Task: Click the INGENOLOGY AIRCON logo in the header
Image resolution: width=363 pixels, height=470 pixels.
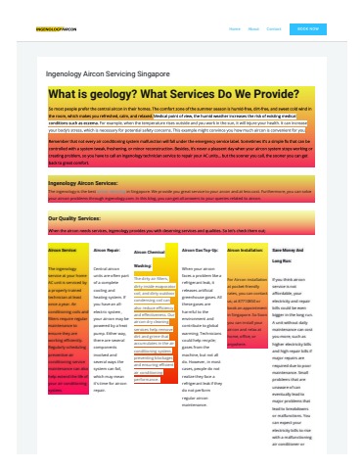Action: [x=56, y=29]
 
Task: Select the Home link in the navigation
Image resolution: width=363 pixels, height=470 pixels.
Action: [x=235, y=29]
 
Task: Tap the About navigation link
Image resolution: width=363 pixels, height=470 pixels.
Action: [x=253, y=29]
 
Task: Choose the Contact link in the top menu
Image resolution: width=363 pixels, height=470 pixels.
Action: [x=274, y=29]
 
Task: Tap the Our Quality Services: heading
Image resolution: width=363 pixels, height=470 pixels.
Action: [x=80, y=217]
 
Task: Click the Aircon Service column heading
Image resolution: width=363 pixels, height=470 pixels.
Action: [x=62, y=251]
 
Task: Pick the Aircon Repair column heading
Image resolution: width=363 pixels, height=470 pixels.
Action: [x=107, y=251]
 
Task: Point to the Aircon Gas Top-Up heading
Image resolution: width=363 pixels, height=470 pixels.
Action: [x=200, y=251]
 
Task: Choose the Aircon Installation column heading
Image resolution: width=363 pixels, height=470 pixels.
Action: [x=245, y=251]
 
